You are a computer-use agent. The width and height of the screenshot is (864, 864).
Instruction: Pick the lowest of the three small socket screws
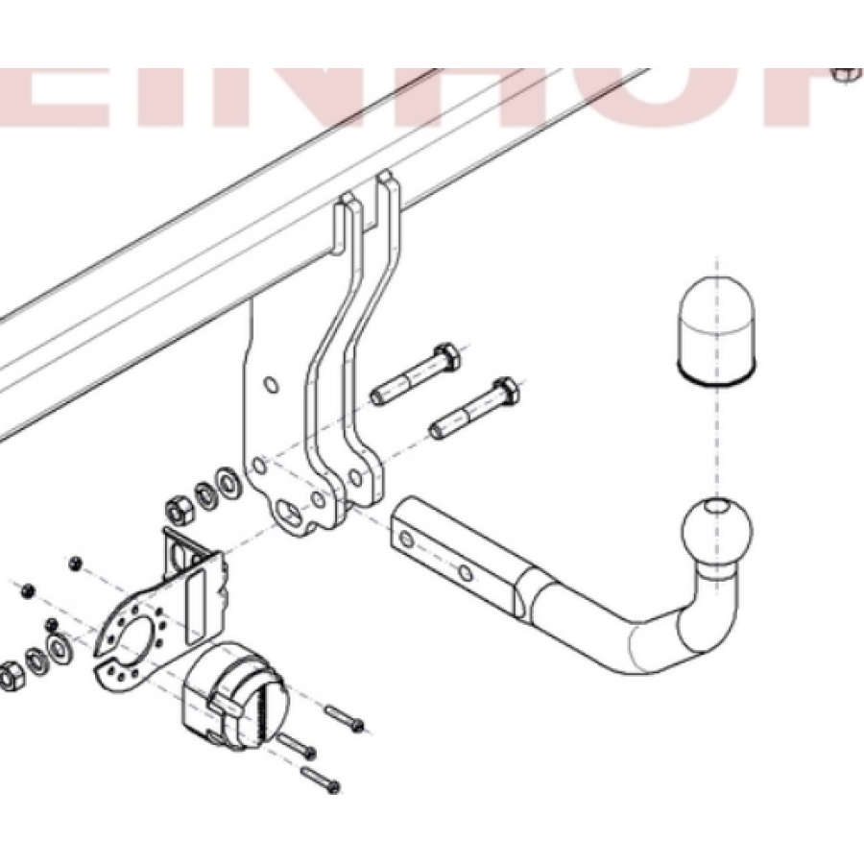coord(322,780)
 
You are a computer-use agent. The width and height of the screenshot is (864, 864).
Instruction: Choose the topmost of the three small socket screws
coord(346,717)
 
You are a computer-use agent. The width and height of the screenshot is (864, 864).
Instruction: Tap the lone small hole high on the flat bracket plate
coord(272,386)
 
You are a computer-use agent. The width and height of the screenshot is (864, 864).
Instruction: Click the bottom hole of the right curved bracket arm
coord(357,477)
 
